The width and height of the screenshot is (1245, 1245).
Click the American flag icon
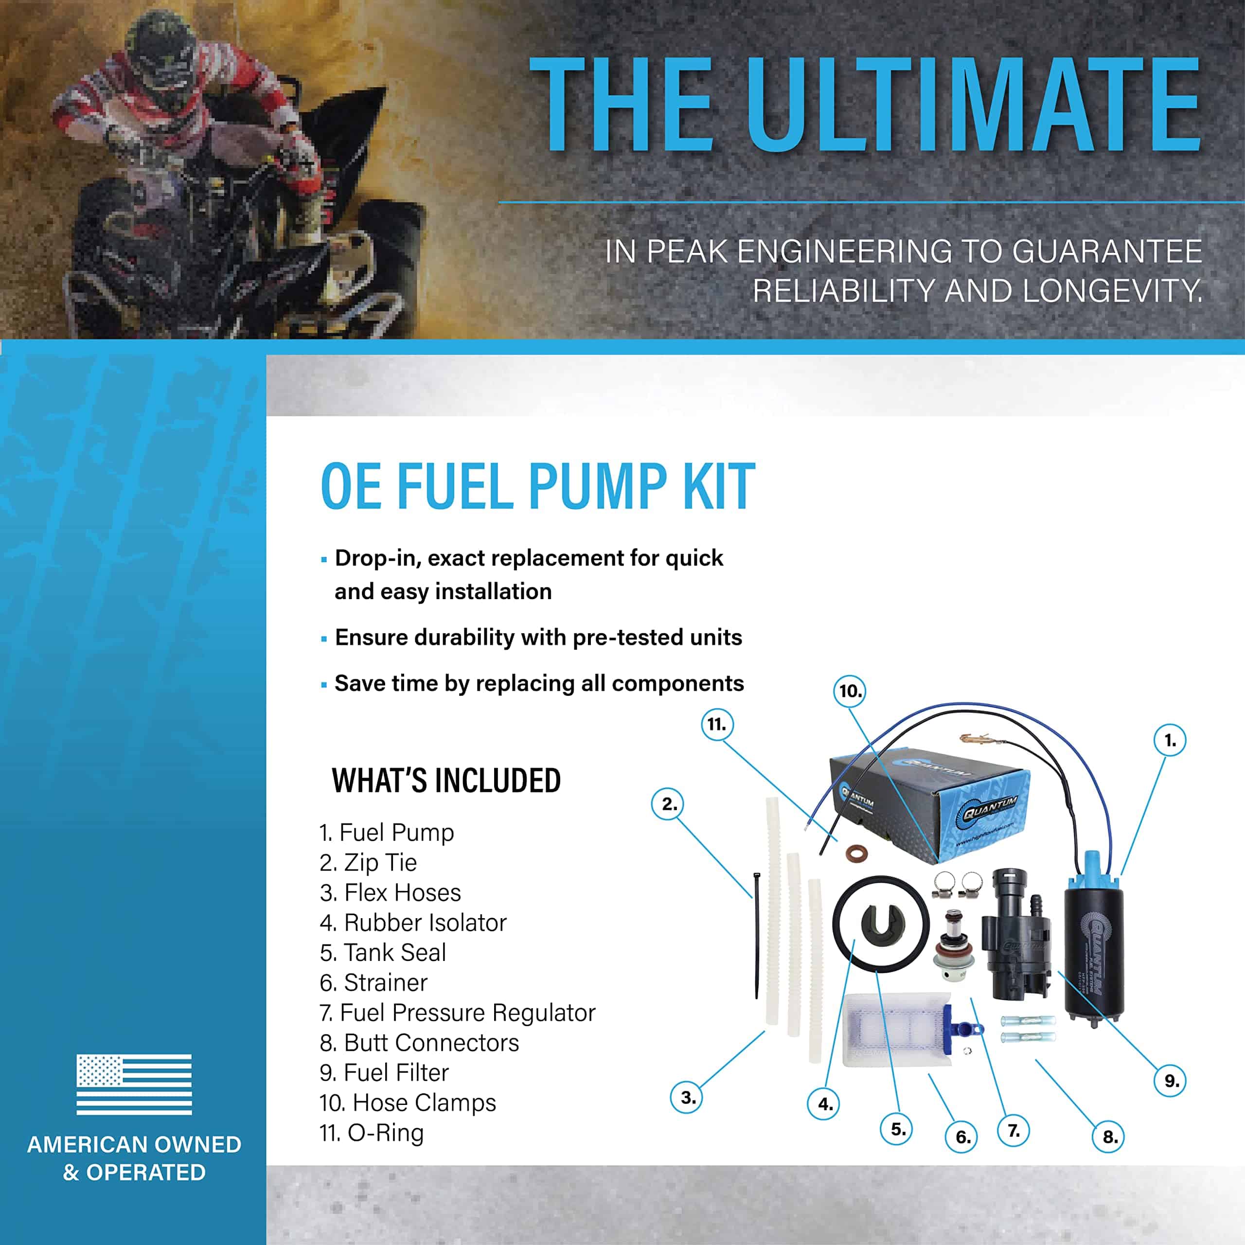134,1084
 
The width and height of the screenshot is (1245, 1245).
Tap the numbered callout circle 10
850,691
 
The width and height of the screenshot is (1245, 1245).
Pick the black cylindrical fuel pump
1092,942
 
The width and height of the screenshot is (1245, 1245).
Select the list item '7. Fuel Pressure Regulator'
458,1013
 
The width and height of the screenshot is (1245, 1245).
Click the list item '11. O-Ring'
372,1132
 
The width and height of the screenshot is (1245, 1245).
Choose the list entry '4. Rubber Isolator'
413,922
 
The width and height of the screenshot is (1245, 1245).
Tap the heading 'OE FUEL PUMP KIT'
538,486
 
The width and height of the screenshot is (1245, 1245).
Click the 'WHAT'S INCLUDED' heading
446,781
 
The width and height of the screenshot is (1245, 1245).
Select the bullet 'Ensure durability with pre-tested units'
538,637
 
